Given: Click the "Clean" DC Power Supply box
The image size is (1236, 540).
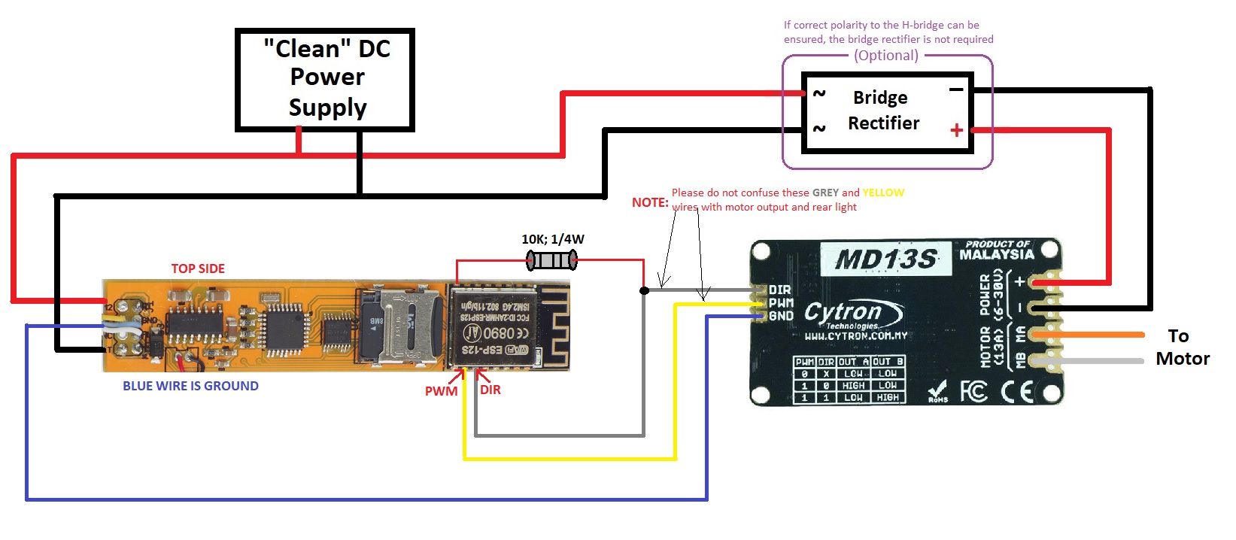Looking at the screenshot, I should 325,79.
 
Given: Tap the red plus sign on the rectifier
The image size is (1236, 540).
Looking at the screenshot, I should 956,130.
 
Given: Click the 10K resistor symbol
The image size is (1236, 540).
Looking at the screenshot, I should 552,261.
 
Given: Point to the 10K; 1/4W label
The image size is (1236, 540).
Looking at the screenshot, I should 553,239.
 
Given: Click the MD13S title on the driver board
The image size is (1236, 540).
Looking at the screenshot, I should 885,260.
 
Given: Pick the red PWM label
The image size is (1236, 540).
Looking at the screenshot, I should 441,391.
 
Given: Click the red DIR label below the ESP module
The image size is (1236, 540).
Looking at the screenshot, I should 490,390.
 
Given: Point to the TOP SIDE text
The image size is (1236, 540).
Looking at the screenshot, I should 198,268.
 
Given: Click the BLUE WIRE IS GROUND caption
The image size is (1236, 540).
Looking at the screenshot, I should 190,386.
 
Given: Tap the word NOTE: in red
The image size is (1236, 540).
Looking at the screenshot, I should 650,202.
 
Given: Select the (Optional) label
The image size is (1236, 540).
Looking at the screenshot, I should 886,56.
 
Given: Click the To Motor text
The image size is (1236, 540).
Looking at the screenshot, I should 1182,347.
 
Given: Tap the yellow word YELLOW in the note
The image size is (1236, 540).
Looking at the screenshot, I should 883,193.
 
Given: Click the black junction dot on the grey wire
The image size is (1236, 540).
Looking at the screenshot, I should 644,290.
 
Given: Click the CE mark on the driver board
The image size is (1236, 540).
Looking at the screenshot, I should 1017,391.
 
